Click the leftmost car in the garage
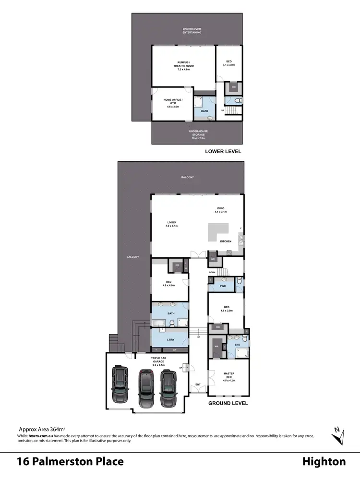point(120,385)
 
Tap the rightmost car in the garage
point(168,388)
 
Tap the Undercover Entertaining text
point(192,31)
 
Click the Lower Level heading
point(223,151)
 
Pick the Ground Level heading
point(228,403)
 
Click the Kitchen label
point(226,241)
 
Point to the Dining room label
point(221,209)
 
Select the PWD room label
point(223,286)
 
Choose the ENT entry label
point(197,384)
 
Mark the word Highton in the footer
point(324,462)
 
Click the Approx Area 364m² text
point(42,429)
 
